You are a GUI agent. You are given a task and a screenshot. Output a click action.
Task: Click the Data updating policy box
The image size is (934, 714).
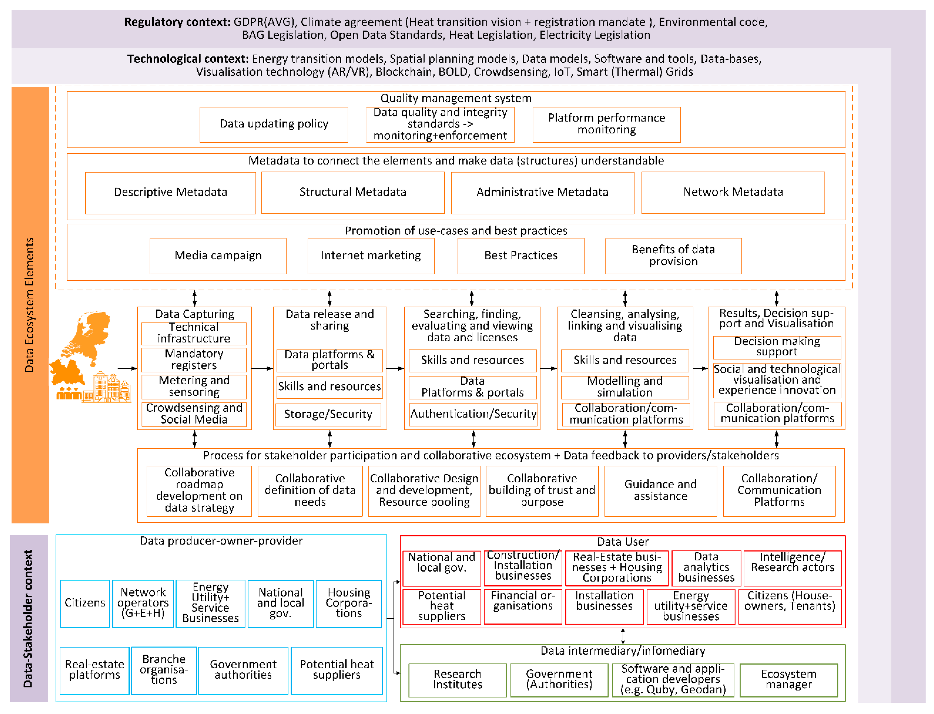click(x=273, y=124)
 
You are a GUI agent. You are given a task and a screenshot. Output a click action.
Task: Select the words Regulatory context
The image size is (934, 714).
click(x=177, y=22)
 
